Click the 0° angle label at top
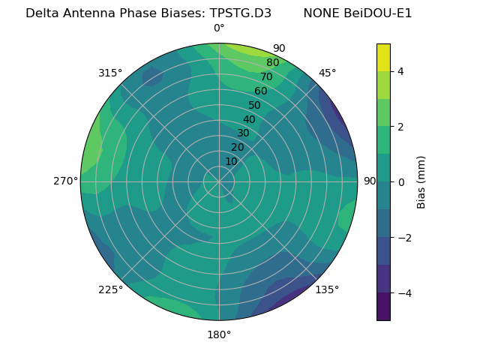pos(219,28)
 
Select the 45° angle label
pos(327,73)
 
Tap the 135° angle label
pos(327,289)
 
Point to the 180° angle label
pos(219,334)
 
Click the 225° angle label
pos(110,289)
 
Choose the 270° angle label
pos(65,181)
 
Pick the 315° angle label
pos(110,73)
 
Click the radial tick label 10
pos(231,161)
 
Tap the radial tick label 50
pos(255,105)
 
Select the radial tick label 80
pos(272,63)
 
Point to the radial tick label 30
pos(243,133)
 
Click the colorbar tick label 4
pos(400,71)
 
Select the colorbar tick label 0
pos(400,181)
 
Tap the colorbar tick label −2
pos(403,237)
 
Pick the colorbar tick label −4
pos(403,292)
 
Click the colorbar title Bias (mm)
pos(421,181)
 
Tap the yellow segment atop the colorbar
pos(383,57)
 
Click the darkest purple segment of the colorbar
pos(383,306)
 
